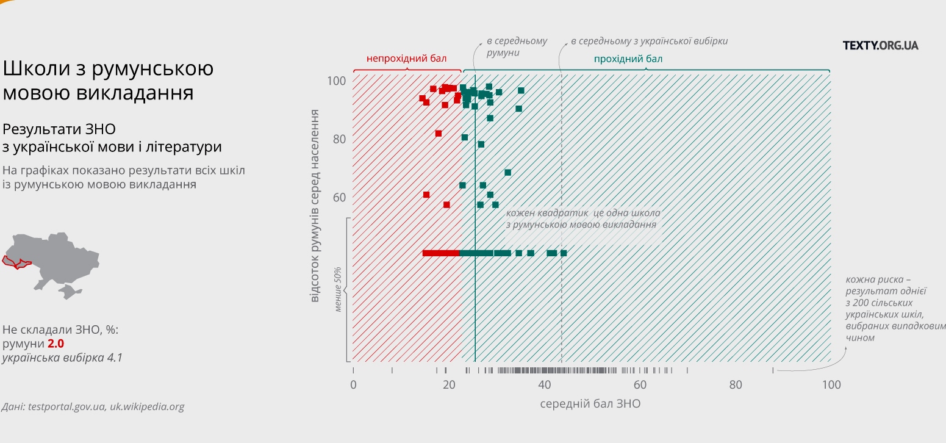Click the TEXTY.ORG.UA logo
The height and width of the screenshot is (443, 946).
point(880,45)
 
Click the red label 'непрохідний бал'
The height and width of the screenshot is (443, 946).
point(406,59)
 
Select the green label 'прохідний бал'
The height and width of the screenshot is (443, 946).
point(628,59)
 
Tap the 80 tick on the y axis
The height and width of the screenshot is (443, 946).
point(339,139)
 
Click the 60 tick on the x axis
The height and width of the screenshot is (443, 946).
point(640,384)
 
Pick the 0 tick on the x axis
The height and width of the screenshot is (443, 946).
point(353,384)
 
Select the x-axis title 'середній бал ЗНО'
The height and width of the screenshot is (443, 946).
point(590,404)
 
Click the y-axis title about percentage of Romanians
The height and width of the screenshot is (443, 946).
point(315,206)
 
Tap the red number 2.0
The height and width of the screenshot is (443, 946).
point(56,344)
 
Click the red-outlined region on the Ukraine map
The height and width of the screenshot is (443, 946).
point(15,262)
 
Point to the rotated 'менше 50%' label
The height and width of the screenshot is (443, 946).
point(338,289)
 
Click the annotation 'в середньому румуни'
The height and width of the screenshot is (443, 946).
point(516,47)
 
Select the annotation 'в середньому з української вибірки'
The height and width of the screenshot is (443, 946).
point(649,41)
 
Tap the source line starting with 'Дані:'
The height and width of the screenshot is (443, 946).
point(93,406)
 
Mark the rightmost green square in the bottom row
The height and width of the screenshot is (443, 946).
point(564,253)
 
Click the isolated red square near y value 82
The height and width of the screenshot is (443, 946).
point(439,134)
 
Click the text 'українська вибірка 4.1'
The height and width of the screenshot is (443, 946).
point(62,358)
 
